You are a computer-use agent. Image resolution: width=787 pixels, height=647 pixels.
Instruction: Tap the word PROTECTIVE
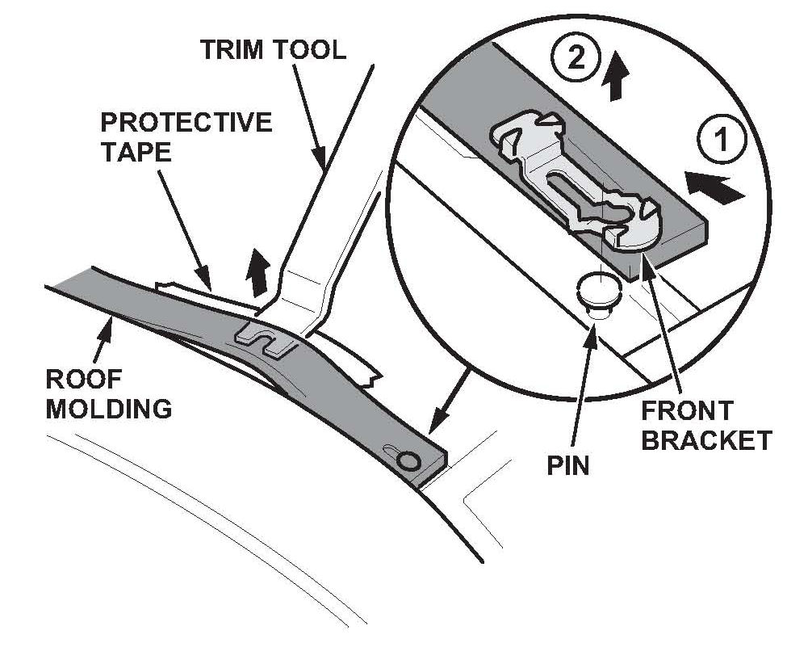click(186, 123)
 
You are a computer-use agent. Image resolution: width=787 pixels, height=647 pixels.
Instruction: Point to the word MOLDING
click(108, 409)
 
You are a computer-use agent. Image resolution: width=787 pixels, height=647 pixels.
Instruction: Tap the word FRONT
click(687, 410)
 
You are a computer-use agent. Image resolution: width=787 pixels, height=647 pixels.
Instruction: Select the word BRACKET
click(707, 440)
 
